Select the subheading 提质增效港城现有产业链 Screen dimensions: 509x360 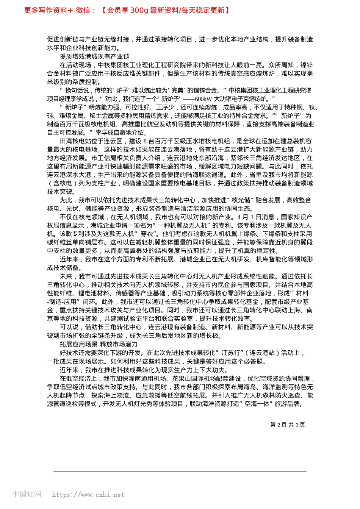tap(94, 56)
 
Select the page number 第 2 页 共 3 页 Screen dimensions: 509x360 tap(287, 425)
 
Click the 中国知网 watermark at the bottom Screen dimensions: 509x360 tap(27, 494)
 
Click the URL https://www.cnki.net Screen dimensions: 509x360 tap(88, 495)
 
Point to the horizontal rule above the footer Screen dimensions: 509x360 tap(180, 472)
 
